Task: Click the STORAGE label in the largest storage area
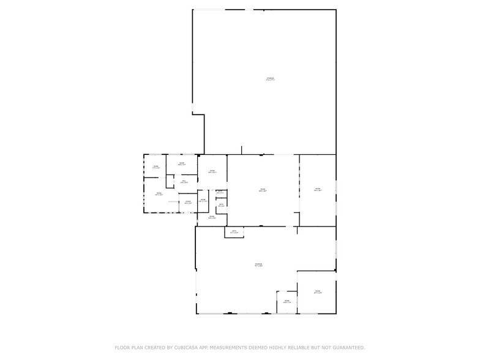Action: point(270,78)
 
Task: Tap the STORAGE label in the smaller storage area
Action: point(258,264)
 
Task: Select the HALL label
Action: point(183,181)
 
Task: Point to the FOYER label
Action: point(188,201)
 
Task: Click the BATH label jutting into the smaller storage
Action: point(234,231)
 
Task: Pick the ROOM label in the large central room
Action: point(262,190)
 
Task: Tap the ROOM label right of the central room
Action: point(318,189)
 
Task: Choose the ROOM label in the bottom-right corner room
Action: point(318,291)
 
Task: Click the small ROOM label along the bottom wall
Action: point(287,301)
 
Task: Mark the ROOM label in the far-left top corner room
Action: point(156,167)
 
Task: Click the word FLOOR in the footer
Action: point(124,347)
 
